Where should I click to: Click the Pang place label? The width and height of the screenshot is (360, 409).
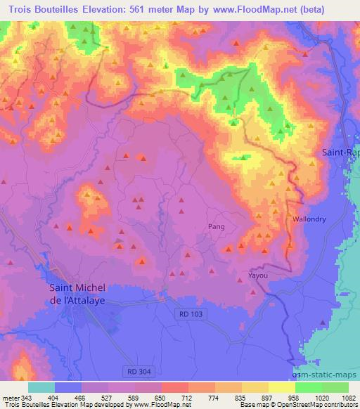[x=216, y=226]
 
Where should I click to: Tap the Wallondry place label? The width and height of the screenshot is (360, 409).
[x=309, y=219]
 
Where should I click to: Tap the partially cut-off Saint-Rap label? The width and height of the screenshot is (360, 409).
[x=340, y=152]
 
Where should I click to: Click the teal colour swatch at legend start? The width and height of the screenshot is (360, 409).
[x=41, y=387]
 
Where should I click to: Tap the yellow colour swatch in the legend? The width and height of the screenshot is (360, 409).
[x=281, y=387]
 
